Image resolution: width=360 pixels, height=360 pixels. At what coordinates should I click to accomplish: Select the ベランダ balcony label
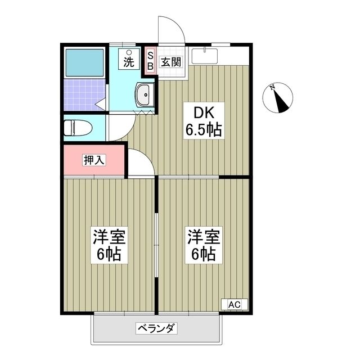156,327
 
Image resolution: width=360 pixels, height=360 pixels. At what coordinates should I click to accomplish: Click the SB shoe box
150,60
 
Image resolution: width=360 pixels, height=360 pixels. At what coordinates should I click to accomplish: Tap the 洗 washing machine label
129,62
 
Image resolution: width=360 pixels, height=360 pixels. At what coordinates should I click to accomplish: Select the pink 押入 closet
93,160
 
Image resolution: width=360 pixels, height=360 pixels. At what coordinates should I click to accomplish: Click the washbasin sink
145,95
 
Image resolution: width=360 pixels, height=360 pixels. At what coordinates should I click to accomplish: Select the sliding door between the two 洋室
157,242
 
